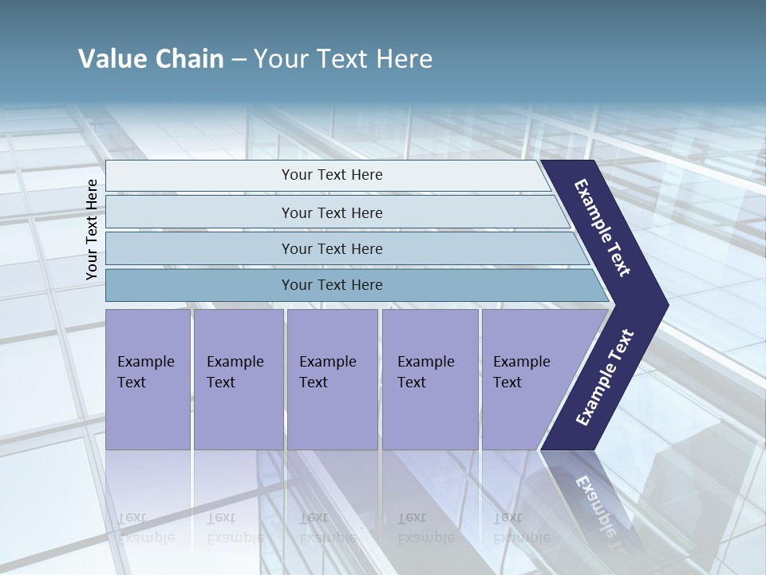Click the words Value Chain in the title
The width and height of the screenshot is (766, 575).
151,59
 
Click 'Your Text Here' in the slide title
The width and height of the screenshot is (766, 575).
343,59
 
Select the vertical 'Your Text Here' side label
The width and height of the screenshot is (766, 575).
92,229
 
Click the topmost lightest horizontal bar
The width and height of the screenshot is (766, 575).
199,176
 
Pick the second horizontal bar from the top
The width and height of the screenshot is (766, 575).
199,212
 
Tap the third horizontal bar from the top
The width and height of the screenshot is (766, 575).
199,248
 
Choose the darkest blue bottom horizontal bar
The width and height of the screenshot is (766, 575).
199,285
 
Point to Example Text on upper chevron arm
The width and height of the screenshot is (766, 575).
602,228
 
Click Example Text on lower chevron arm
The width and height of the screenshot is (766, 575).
604,378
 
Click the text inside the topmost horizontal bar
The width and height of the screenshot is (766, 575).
332,175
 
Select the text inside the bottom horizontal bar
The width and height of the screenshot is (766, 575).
332,285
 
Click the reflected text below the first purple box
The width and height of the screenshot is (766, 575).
145,528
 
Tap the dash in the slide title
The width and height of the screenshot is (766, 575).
239,60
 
